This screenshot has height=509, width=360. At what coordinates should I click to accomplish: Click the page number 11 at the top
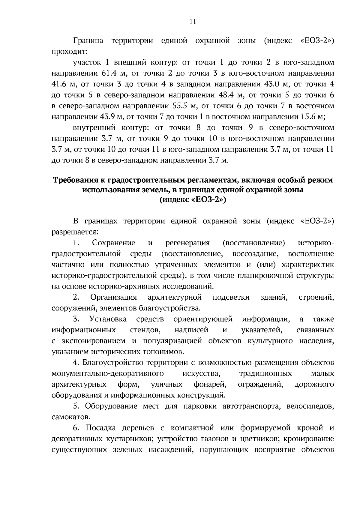click(x=192, y=21)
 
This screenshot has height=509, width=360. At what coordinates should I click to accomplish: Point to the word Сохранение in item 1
click(x=113, y=243)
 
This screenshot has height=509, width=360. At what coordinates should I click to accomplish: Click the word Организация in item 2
click(x=113, y=298)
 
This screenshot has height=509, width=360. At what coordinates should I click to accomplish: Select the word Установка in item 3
click(x=108, y=319)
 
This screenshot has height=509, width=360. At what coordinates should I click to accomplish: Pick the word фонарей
click(x=210, y=385)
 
